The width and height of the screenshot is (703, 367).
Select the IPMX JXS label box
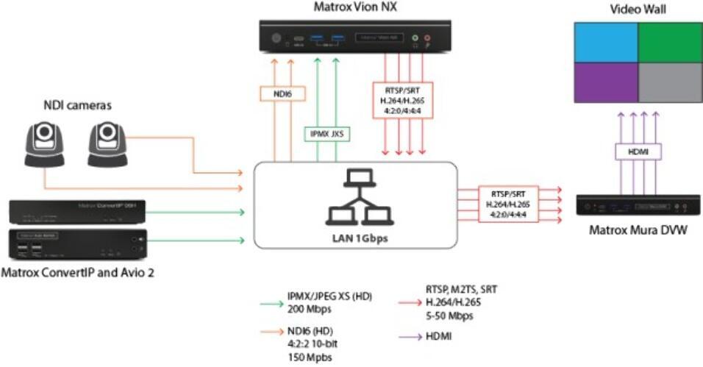point(326,134)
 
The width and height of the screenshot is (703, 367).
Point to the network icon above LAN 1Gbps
point(355,198)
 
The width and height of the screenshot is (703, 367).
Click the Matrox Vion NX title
point(357,8)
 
